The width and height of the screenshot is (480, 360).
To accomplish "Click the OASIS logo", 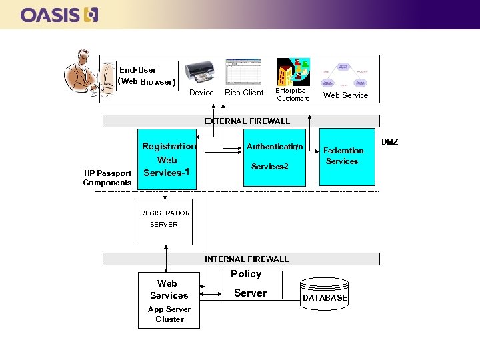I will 59,15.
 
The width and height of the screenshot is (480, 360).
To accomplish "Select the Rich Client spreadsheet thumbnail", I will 243,71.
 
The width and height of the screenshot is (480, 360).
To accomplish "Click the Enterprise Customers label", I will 293,95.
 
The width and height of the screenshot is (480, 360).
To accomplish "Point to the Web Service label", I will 345,95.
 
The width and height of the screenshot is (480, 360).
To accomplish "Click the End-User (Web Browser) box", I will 147,76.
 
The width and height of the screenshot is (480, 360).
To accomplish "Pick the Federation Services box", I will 347,156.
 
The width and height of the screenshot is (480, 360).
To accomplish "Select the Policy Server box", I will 250,285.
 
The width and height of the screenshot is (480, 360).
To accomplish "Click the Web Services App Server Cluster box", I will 169,301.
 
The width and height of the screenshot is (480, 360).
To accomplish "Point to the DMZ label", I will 389,142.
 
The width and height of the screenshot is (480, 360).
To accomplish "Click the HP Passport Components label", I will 107,178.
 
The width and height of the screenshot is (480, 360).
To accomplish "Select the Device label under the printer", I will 201,93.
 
